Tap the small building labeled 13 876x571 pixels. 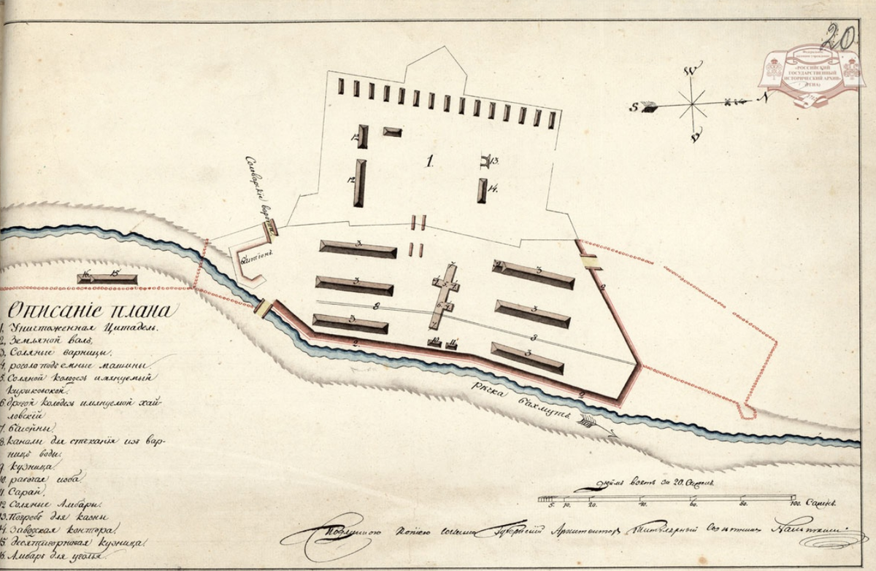pyautogui.click(x=485, y=160)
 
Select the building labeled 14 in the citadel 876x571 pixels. pyautogui.click(x=482, y=190)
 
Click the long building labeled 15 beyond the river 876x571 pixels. pyautogui.click(x=107, y=278)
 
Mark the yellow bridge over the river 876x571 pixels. pyautogui.click(x=262, y=308)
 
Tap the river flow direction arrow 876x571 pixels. pyautogui.click(x=595, y=424)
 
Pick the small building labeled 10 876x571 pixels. pyautogui.click(x=435, y=343)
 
